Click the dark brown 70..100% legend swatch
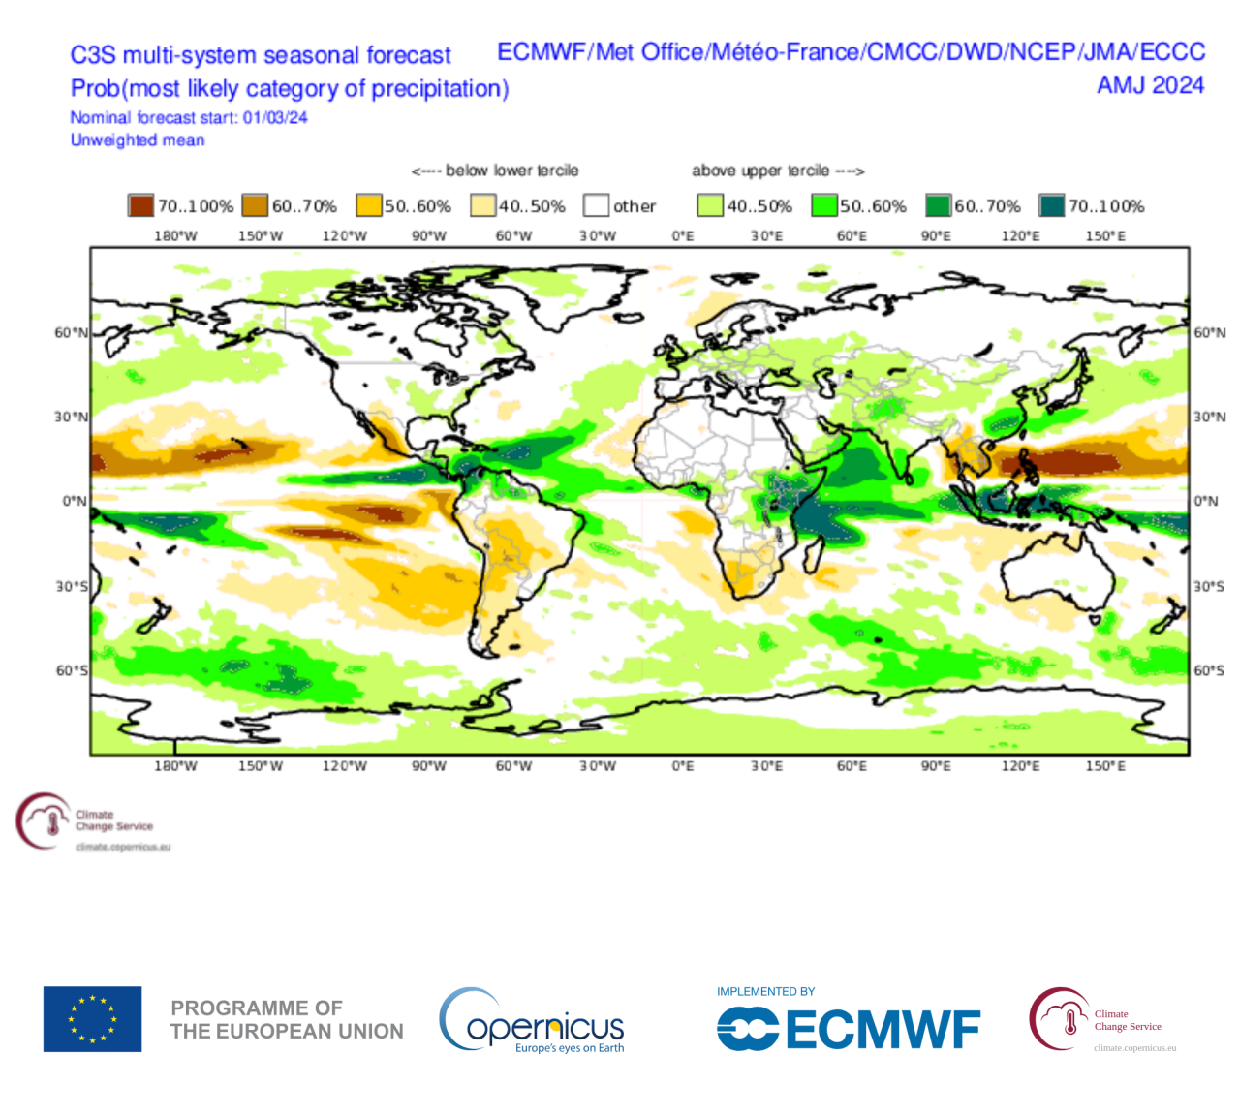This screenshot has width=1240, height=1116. pyautogui.click(x=140, y=205)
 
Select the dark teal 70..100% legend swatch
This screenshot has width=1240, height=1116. pyautogui.click(x=1051, y=205)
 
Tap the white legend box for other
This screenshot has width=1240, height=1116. pyautogui.click(x=596, y=205)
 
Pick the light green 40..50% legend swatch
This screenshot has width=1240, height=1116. pyautogui.click(x=710, y=205)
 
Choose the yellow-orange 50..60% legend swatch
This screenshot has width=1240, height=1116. pyautogui.click(x=368, y=205)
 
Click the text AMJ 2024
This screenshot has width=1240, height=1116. pyautogui.click(x=1150, y=85)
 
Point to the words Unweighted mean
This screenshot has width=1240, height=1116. pyautogui.click(x=138, y=140)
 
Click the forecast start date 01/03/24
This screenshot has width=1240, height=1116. pyautogui.click(x=275, y=118)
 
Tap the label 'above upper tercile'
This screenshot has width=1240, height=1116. pyautogui.click(x=760, y=170)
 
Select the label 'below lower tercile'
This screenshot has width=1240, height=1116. pyautogui.click(x=511, y=170)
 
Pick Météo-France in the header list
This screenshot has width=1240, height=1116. pyautogui.click(x=786, y=52)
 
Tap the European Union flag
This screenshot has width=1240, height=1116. pyautogui.click(x=92, y=1018)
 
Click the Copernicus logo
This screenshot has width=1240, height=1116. pyautogui.click(x=532, y=1021)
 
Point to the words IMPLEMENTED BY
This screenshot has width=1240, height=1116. pyautogui.click(x=765, y=991)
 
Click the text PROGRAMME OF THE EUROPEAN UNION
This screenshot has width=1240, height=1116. pyautogui.click(x=287, y=1019)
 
